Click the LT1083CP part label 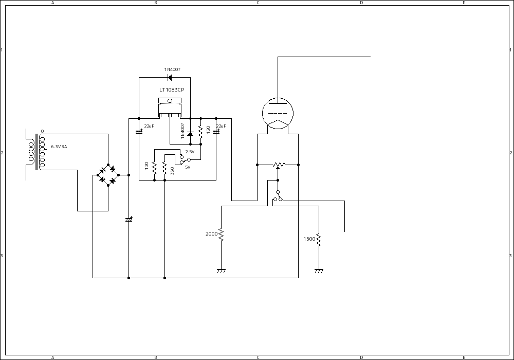[171, 89]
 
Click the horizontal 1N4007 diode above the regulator [169, 78]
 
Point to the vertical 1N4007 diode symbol [190, 134]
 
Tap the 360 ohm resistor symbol [164, 168]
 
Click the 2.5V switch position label [190, 152]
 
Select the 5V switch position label [188, 167]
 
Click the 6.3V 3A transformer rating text [59, 147]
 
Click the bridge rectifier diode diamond [108, 175]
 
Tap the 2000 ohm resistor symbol [221, 235]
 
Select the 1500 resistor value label [309, 239]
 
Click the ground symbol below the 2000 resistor [221, 271]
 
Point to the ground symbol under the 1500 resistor [319, 271]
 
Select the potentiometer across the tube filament [278, 165]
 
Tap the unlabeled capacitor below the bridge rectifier [128, 220]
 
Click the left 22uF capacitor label [149, 126]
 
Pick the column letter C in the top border [258, 3]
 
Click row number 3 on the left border [2, 256]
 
